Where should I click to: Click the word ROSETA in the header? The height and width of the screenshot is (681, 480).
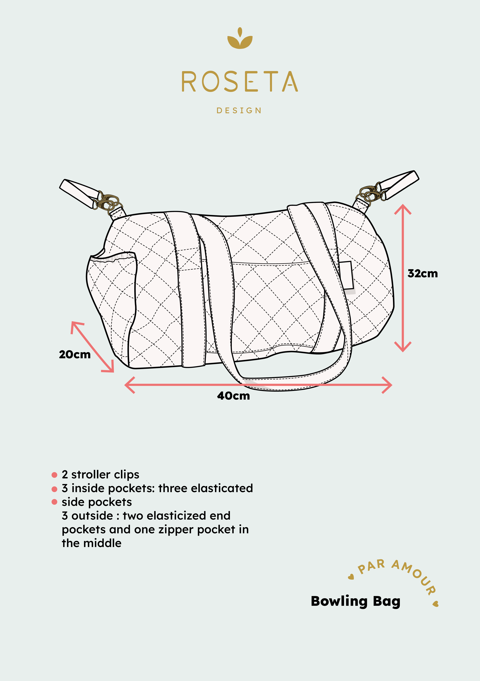[240, 82]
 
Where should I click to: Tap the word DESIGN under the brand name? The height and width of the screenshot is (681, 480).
[239, 111]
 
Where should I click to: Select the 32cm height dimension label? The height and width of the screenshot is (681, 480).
[422, 273]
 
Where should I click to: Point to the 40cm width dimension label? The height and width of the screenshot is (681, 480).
[233, 396]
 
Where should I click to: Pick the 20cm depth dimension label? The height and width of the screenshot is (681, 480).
[75, 354]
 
